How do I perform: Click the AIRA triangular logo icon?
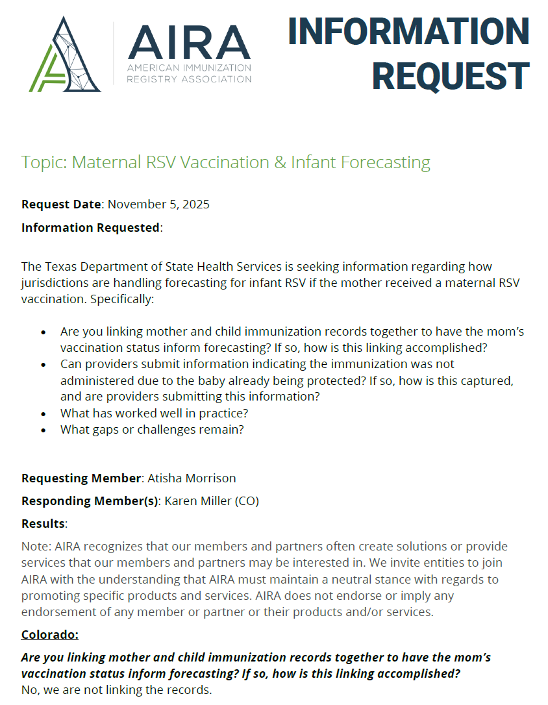point(65,55)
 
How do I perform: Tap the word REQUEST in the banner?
point(451,75)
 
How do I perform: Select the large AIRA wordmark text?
point(189,43)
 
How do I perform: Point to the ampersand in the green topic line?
point(280,162)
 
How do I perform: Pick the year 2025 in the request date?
point(195,204)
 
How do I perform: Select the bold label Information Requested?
point(90,228)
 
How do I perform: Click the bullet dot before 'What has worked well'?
point(44,414)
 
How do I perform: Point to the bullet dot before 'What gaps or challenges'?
point(44,430)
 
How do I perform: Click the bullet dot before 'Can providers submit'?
point(44,365)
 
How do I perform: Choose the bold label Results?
point(43,523)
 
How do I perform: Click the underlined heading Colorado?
point(50,634)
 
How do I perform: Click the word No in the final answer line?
point(29,689)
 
